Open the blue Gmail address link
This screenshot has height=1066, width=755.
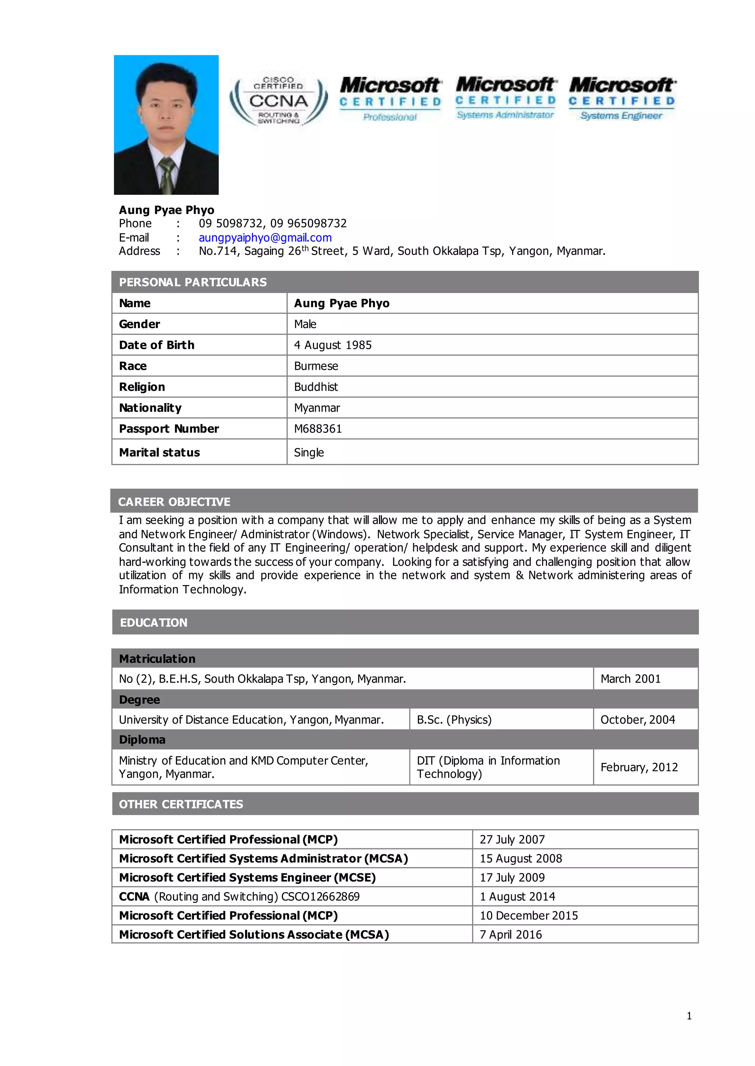(265, 238)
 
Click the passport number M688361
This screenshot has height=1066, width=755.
(318, 429)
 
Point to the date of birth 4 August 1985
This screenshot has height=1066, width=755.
(333, 345)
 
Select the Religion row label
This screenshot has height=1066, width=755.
(142, 387)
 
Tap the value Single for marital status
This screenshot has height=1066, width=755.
(309, 452)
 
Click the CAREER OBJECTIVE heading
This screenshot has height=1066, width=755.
(174, 502)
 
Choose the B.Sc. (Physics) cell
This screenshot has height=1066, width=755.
(454, 719)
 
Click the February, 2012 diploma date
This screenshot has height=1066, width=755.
(639, 767)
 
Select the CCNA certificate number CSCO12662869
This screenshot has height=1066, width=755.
(320, 897)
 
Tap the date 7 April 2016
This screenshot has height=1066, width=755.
(511, 934)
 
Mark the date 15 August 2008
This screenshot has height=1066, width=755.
(521, 858)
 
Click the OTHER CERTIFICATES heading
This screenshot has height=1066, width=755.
(181, 804)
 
